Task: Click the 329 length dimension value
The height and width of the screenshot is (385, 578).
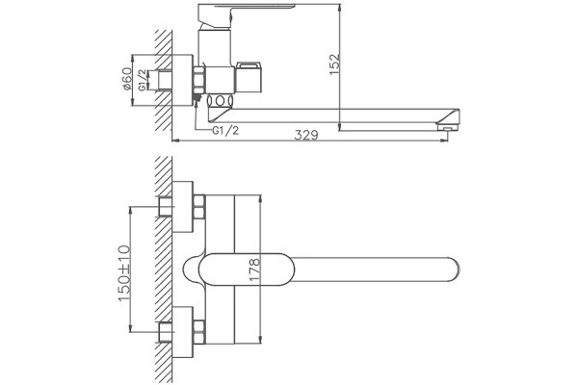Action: tap(306, 135)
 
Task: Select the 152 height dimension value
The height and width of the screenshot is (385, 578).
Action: tap(334, 64)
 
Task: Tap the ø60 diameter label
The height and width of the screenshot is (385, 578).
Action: tap(126, 79)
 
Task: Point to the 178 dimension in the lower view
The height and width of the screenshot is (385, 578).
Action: tap(254, 270)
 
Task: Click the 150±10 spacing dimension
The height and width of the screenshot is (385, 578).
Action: tap(124, 272)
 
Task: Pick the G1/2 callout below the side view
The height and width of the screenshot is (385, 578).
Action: tap(225, 131)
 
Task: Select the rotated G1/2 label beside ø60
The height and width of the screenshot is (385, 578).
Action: tap(143, 80)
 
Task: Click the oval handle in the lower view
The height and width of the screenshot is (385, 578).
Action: tap(247, 269)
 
